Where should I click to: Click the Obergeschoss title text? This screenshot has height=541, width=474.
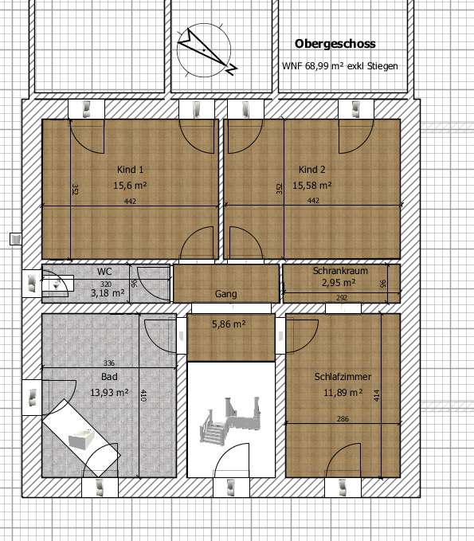click(335, 44)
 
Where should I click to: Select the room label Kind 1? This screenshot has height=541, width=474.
click(130, 170)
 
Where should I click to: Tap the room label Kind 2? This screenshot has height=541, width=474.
click(312, 170)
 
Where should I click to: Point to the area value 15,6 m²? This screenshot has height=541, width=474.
click(130, 185)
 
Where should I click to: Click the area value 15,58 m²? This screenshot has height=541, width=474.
click(311, 185)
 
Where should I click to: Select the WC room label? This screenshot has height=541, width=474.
click(104, 272)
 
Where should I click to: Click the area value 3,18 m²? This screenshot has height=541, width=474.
click(108, 292)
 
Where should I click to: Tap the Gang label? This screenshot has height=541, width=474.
click(225, 294)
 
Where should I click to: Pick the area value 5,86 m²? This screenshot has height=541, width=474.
click(228, 324)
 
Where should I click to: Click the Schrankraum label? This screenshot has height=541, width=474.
click(340, 271)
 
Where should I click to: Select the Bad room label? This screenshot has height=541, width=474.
click(109, 376)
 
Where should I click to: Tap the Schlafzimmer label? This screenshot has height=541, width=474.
click(343, 377)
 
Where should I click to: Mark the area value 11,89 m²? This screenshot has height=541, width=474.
click(343, 392)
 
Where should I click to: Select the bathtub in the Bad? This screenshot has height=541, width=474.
click(80, 435)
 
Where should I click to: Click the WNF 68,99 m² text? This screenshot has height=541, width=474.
click(339, 66)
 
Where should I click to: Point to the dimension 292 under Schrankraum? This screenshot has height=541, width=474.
click(341, 299)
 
